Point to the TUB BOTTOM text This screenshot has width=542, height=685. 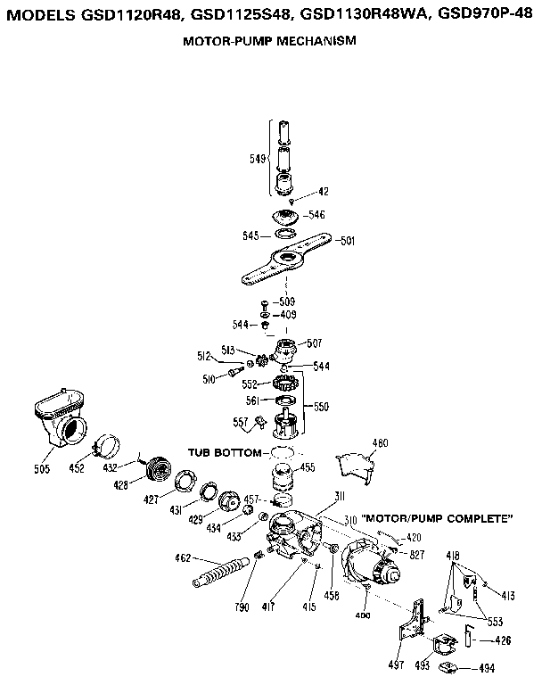pos(224,452)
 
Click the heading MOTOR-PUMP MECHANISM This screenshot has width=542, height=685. pos(270,42)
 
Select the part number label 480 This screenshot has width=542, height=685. pos(381,442)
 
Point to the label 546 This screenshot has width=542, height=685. pos(316,215)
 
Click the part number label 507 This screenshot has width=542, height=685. pos(314,343)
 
